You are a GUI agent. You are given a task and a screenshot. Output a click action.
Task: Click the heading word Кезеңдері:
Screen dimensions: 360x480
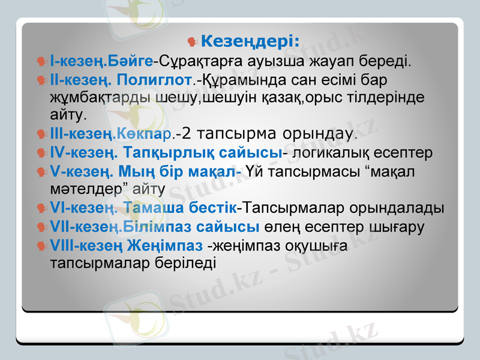pos(251,41)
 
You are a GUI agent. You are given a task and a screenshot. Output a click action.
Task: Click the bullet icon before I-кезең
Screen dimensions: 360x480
pos(41,61)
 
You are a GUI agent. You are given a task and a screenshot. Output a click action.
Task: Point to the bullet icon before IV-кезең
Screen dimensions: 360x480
pos(41,153)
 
